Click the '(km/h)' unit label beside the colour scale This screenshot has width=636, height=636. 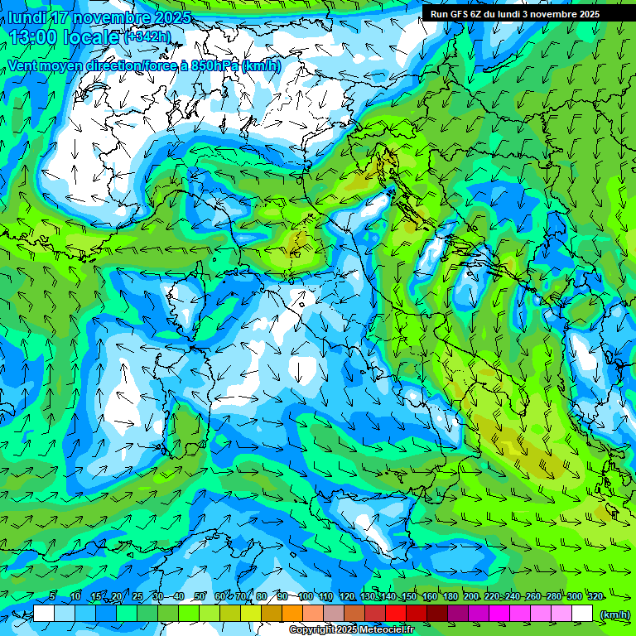point(614,614)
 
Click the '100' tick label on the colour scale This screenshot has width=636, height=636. point(305,596)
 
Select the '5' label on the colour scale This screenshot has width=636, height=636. point(52,596)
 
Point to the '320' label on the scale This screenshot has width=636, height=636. point(594,596)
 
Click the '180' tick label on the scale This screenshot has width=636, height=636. point(450,596)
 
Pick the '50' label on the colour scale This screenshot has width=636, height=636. point(200,596)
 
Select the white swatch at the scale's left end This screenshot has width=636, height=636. point(44,614)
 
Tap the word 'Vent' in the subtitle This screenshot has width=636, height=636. point(23,65)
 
